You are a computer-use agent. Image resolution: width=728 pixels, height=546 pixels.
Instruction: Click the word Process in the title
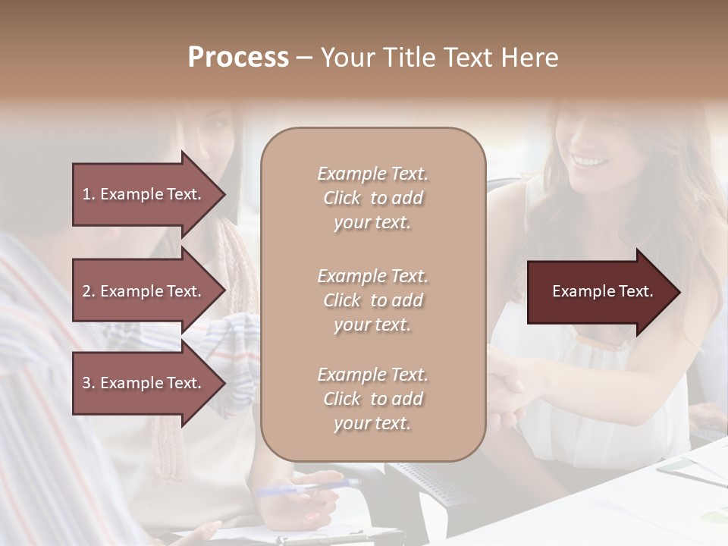pos(238,58)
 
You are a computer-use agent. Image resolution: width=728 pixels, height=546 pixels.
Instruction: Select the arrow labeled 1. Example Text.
pos(148,194)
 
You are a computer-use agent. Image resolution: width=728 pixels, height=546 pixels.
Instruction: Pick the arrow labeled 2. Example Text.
pos(148,291)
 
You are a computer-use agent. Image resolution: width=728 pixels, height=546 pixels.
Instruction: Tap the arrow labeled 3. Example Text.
pos(148,383)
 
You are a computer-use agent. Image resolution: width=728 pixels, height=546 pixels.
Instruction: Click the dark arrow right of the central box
pos(602,291)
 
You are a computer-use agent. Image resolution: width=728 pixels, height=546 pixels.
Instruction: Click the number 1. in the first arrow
pos(89,194)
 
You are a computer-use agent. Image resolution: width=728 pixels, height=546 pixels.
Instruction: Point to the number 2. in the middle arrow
pos(89,291)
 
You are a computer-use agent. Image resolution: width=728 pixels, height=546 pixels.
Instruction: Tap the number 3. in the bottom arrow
pos(89,383)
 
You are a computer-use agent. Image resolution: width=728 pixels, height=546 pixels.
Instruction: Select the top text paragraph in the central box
pos(372,198)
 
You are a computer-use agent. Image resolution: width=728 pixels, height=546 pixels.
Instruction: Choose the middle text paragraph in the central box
pos(372,300)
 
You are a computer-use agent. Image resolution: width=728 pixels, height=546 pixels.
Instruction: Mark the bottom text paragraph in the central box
pos(372,399)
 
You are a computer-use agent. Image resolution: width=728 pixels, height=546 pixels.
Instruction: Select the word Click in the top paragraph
pos(341,198)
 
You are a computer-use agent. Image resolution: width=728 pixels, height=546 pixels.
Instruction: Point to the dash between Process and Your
pos(304,58)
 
